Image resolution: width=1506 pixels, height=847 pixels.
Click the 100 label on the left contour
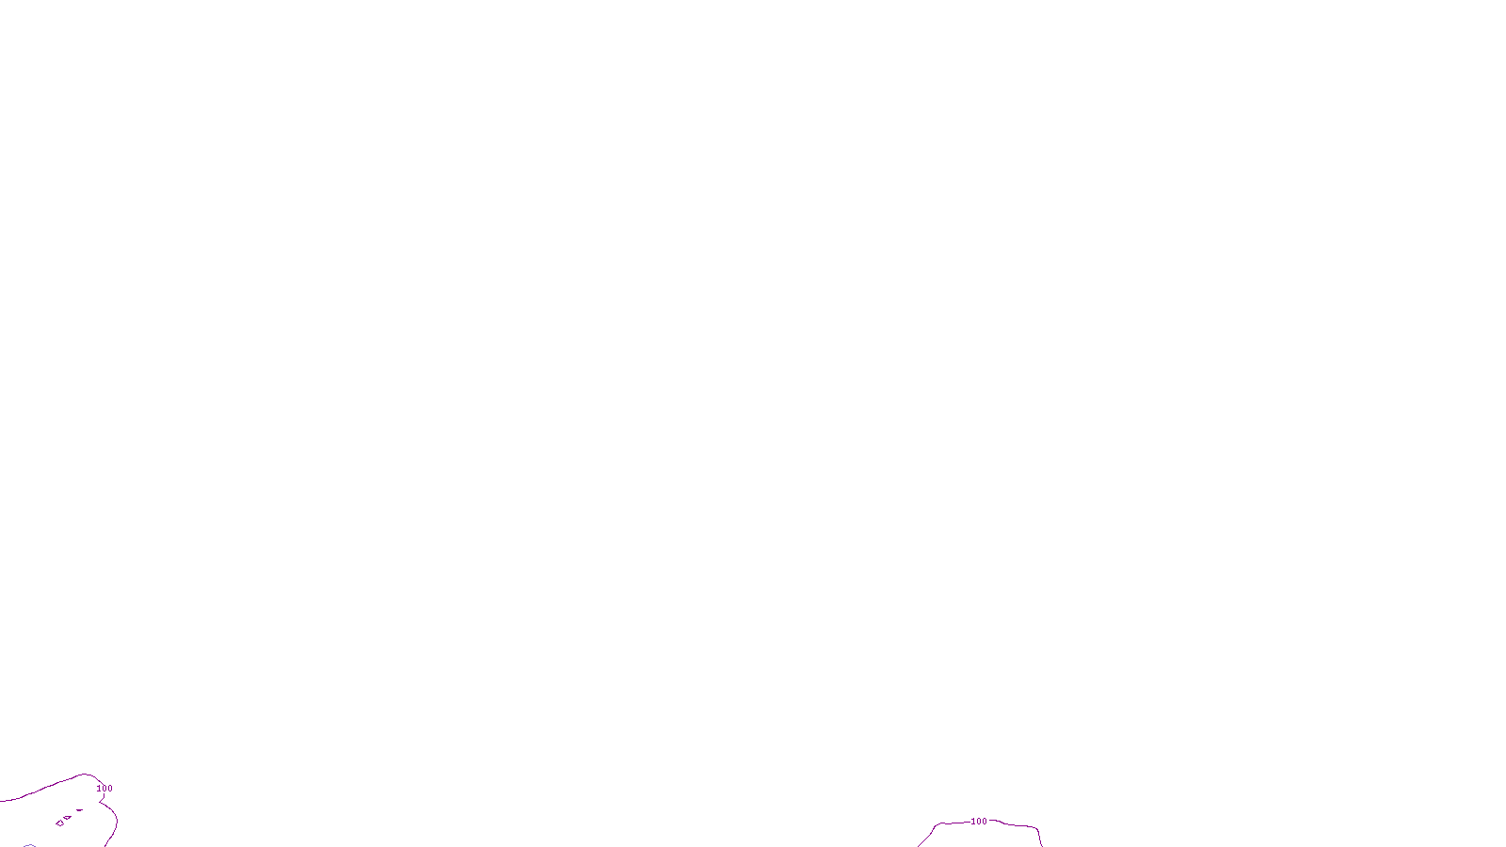tap(104, 789)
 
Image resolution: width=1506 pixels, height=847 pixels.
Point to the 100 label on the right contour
tap(979, 822)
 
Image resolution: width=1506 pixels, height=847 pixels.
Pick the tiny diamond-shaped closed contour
tap(59, 823)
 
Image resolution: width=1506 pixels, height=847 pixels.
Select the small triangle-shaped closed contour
tap(67, 818)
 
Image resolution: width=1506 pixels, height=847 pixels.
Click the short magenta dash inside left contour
tap(80, 809)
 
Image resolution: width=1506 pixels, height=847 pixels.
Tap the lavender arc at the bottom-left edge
tap(29, 845)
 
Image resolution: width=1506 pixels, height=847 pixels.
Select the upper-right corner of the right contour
tap(1036, 828)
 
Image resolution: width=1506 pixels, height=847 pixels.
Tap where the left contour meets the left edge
tap(1, 801)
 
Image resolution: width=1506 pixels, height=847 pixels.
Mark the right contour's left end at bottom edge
tap(919, 845)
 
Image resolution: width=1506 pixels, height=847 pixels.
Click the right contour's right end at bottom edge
tap(1042, 845)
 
